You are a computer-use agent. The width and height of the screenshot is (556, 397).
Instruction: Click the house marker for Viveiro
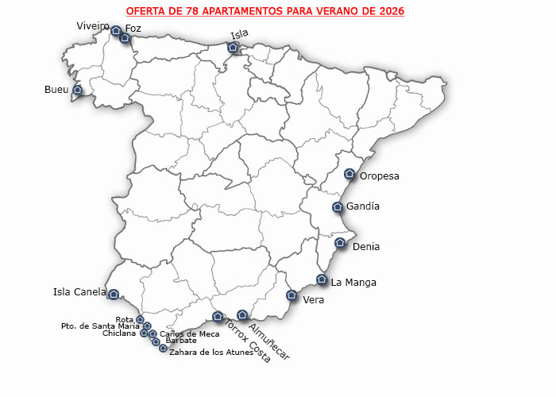coord(116,31)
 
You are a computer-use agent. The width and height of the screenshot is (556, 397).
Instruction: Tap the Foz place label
coord(133,29)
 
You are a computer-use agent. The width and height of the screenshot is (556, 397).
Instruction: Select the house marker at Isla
coord(233,48)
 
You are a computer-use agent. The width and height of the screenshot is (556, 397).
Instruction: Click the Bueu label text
coord(56,90)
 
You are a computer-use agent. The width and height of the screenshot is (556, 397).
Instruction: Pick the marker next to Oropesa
coord(349,175)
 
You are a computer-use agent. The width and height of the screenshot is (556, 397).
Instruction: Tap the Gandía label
coord(363,206)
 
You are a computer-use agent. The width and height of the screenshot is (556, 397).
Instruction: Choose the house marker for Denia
coord(340,243)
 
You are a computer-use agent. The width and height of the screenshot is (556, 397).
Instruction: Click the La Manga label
coord(353,282)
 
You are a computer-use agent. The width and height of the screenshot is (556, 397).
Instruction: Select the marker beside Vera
coord(292,295)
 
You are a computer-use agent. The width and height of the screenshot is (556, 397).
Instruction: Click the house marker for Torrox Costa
coord(218,317)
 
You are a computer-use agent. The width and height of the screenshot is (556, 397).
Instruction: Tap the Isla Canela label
coord(79,291)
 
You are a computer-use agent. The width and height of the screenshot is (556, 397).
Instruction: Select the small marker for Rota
coord(141,320)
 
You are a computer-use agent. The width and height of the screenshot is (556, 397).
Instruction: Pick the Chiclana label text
coord(119,333)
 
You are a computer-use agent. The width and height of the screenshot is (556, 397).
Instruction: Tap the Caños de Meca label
coord(189,334)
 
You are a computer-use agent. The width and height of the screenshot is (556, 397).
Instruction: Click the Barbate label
coord(181,341)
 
